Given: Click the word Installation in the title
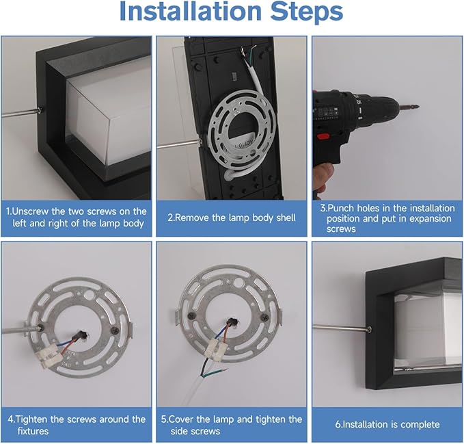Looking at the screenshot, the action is click(x=190, y=11).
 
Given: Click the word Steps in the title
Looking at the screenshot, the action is click(x=307, y=12).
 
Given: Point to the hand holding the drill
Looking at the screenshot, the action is click(x=323, y=178).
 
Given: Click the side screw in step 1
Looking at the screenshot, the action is click(x=40, y=111).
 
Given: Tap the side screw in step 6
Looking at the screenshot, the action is click(x=370, y=328).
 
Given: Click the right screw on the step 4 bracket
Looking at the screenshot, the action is click(x=113, y=330).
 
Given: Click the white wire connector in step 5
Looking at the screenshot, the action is click(x=217, y=346).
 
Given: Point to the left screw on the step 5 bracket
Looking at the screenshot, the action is click(x=193, y=317).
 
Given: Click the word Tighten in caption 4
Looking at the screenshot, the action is click(x=31, y=419).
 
